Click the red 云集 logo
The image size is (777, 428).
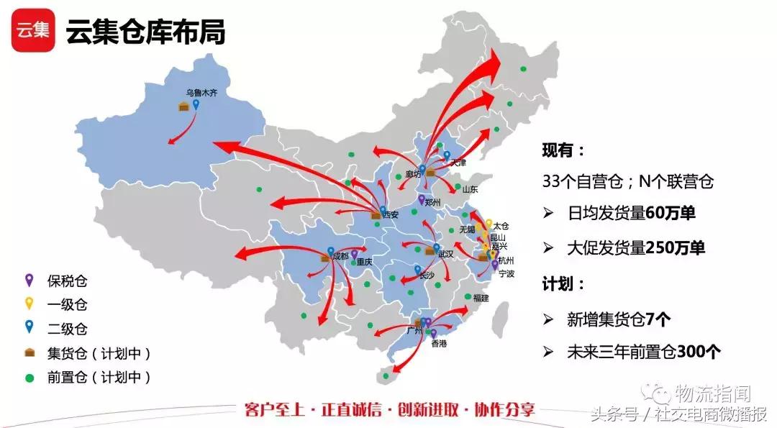click(x=33, y=30)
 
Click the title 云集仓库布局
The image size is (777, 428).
click(x=146, y=32)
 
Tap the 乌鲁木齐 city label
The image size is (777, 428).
click(x=201, y=93)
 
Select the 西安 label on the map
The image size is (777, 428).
click(x=391, y=214)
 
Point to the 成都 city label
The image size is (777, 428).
click(x=340, y=256)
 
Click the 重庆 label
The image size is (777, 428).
click(x=365, y=263)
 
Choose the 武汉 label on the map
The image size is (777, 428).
click(x=445, y=254)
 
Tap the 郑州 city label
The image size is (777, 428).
click(x=433, y=203)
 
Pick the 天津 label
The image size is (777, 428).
click(x=458, y=163)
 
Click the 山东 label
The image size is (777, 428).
click(x=470, y=190)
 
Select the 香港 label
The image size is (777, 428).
click(x=439, y=345)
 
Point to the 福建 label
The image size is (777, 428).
click(x=482, y=297)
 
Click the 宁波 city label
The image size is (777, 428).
click(x=506, y=274)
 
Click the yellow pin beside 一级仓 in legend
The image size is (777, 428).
click(x=29, y=304)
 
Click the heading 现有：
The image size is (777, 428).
click(x=564, y=150)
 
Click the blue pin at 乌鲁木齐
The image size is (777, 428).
click(x=196, y=104)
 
